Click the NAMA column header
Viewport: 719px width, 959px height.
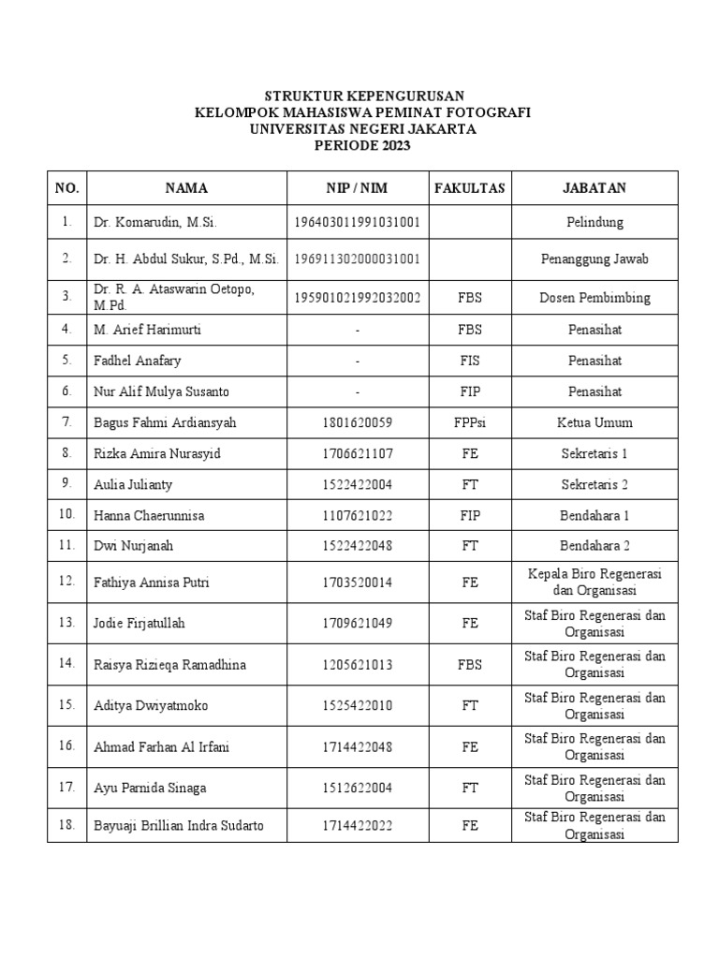(x=186, y=188)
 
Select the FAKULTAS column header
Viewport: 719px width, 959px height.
(x=469, y=188)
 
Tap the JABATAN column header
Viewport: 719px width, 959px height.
(x=594, y=188)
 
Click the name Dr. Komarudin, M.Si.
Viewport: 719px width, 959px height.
(x=154, y=223)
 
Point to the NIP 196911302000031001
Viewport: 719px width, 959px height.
(x=358, y=258)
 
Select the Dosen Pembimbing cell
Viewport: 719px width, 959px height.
(x=594, y=298)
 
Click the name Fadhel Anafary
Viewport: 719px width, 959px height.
(x=136, y=361)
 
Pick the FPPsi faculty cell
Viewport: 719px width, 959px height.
(x=469, y=422)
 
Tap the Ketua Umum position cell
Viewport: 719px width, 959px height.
(x=594, y=422)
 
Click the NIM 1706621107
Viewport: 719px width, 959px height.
(x=358, y=453)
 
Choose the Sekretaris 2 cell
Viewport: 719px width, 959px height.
(x=594, y=484)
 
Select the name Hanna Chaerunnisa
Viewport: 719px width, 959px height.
(x=149, y=515)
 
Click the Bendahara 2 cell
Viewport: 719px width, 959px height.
(x=594, y=546)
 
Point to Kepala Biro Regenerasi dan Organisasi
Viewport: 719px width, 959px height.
(x=594, y=583)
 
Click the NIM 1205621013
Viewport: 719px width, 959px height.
(x=358, y=664)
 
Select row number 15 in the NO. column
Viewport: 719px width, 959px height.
(x=66, y=705)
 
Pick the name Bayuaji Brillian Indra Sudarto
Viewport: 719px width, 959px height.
(x=178, y=825)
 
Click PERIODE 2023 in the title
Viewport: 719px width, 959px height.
(x=362, y=146)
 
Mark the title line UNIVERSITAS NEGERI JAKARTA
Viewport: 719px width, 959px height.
(x=362, y=129)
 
